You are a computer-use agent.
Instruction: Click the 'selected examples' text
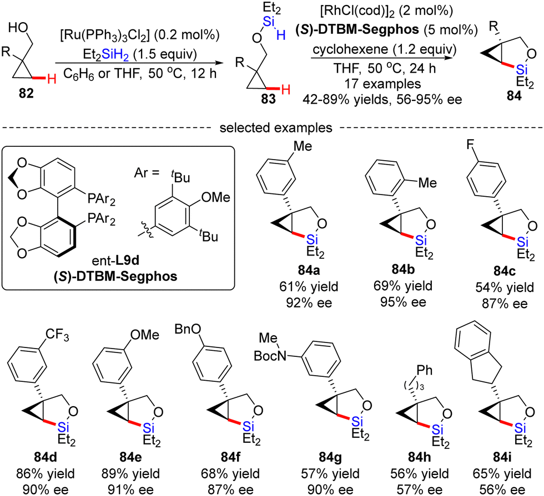point(271,129)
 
